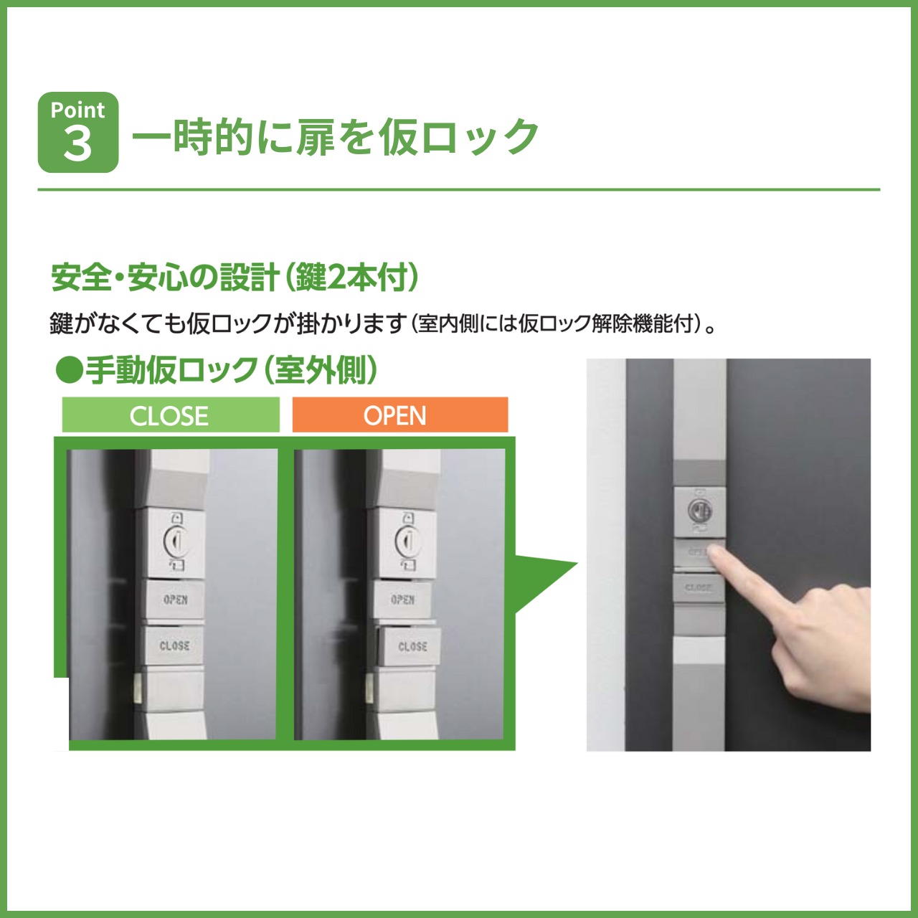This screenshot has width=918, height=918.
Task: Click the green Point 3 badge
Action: [x=78, y=132]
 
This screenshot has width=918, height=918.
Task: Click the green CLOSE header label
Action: [x=170, y=415]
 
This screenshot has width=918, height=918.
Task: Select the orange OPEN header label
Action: [x=399, y=415]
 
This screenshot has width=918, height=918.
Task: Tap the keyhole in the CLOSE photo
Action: [x=174, y=539]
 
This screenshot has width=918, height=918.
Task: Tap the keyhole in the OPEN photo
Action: [x=406, y=539]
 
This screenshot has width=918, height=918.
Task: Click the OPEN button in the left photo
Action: [x=175, y=600]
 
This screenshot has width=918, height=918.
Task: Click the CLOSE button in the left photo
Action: [x=174, y=645]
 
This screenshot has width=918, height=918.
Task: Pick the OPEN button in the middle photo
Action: [x=402, y=600]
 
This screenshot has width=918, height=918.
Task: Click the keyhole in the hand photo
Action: [x=699, y=511]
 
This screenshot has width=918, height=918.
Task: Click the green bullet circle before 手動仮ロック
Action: [x=70, y=370]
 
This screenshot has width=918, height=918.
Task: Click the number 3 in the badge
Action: [x=77, y=143]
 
